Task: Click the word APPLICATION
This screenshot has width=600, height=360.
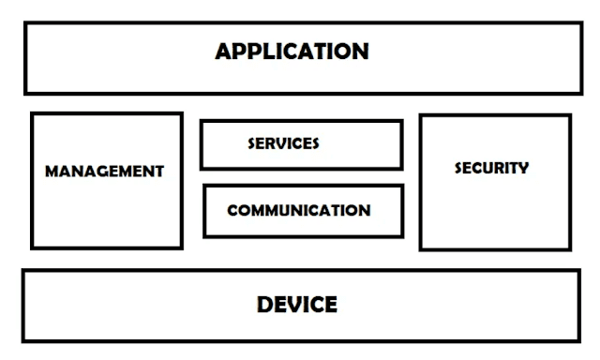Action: pos(292,51)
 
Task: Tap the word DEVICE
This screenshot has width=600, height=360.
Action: pos(296,305)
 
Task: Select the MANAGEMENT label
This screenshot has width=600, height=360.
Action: pos(104,172)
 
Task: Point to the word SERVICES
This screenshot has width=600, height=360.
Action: pos(283,143)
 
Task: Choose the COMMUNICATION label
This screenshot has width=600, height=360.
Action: pos(298,210)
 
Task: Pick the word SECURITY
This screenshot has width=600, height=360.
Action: pos(491,169)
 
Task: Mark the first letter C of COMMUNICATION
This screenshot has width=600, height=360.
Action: pos(232,210)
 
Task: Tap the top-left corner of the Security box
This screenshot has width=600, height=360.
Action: pos(420,115)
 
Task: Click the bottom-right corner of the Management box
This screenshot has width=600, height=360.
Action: pos(181,247)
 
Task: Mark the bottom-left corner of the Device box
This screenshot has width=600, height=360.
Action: pos(23,339)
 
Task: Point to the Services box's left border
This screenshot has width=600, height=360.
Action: pos(202,144)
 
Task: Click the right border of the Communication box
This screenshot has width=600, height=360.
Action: pos(402,211)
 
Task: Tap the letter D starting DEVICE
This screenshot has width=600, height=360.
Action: pos(264,305)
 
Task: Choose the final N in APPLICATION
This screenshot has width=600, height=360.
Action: pos(361,51)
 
